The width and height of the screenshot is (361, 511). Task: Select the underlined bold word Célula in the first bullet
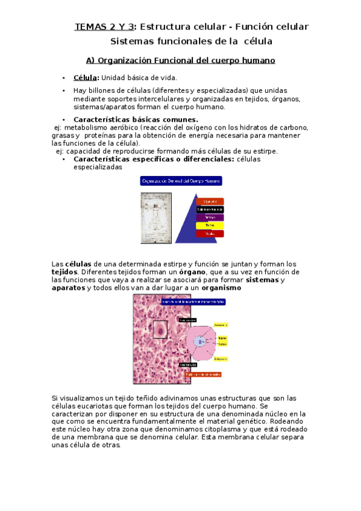coord(86,77)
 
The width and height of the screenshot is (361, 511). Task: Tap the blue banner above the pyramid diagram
coord(181,180)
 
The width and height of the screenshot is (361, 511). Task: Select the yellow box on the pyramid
coord(210,225)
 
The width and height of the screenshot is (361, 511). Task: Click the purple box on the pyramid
coord(210,217)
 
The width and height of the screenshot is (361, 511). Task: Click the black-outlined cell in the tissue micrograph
coord(160,330)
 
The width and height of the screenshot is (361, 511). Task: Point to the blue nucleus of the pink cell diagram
coord(200,342)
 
